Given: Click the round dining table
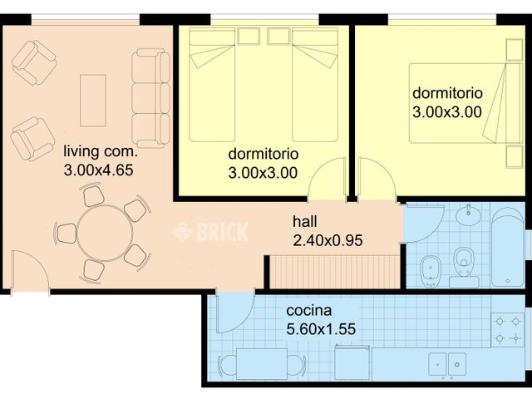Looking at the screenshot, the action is click(105, 233).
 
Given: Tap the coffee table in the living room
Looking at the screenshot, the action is click(92, 101).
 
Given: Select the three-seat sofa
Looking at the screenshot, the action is click(151, 98).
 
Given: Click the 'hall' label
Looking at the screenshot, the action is click(305, 222).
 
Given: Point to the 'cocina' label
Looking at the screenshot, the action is click(308, 310).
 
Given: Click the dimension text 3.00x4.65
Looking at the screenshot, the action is click(98, 170).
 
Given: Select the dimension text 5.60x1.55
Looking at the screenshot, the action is click(321, 329).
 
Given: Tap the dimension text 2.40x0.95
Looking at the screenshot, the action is click(328, 240).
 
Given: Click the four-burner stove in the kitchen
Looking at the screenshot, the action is click(508, 329).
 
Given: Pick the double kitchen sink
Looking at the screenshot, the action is click(447, 364).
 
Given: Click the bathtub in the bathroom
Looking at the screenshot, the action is click(508, 247).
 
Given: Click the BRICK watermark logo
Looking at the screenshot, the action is click(211, 232).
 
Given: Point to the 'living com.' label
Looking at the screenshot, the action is click(101, 151).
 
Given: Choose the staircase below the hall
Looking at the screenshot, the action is click(334, 272).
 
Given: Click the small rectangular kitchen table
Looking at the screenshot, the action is click(262, 364).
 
